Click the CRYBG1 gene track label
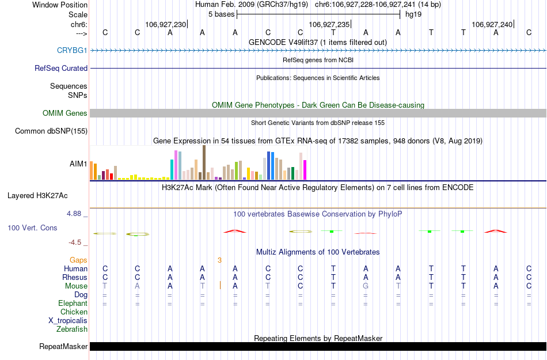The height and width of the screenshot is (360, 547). (x=72, y=51)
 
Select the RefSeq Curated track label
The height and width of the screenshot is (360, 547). (x=61, y=68)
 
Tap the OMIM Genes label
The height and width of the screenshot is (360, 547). (x=65, y=113)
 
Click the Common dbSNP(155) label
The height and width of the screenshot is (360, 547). (x=51, y=131)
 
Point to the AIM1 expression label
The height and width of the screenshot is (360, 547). (x=78, y=164)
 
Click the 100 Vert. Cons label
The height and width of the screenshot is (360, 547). (x=32, y=228)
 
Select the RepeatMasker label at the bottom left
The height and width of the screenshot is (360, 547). (x=63, y=347)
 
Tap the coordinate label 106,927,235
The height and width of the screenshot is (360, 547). (x=329, y=24)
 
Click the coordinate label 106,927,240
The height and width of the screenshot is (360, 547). (x=491, y=24)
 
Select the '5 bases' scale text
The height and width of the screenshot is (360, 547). (x=221, y=14)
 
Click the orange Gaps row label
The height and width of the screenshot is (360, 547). (x=78, y=260)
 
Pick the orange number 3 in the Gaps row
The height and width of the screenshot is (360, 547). (x=219, y=260)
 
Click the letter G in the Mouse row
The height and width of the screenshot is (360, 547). (x=365, y=286)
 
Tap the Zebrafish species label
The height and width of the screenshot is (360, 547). (x=72, y=329)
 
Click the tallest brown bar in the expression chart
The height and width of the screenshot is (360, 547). (x=204, y=162)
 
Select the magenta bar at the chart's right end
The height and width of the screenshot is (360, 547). (x=305, y=170)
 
